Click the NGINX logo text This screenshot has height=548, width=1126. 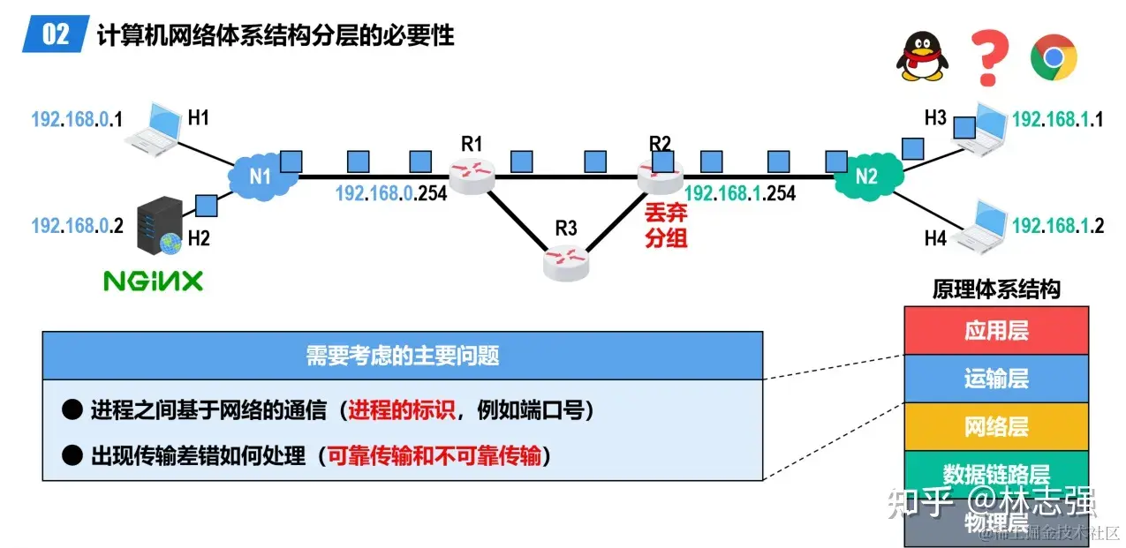tap(154, 282)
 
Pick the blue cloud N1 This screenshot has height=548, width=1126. tap(260, 175)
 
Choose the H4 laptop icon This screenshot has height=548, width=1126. tap(980, 224)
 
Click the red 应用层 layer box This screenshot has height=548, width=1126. tap(996, 331)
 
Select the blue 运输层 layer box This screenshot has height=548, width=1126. tap(996, 379)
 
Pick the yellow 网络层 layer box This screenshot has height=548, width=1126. tap(996, 427)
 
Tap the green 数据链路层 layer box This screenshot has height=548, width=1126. tap(996, 473)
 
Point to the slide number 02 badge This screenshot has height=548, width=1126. tap(56, 36)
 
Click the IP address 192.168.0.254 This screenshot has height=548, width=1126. tap(391, 193)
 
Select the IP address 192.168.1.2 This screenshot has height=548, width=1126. tap(1058, 225)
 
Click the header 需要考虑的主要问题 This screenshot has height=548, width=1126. tap(402, 355)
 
